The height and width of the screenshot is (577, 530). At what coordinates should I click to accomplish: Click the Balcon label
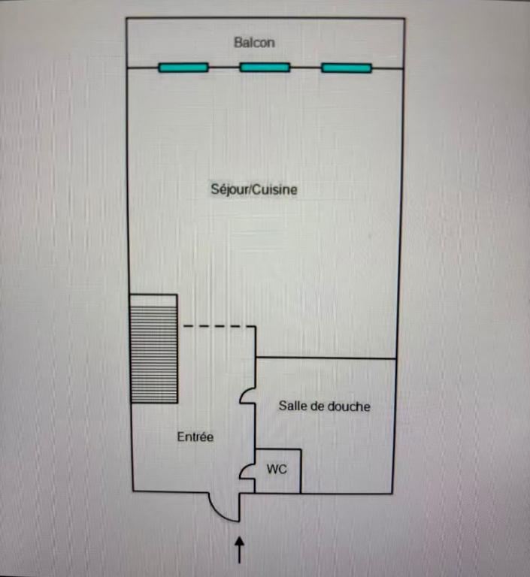[254, 43]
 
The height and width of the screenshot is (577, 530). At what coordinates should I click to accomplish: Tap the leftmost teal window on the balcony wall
[183, 68]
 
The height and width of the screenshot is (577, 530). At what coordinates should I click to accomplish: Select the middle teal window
[265, 68]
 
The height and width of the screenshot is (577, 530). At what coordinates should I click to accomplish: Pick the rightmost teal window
[347, 68]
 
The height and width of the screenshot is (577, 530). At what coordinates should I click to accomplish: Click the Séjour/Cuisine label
[254, 189]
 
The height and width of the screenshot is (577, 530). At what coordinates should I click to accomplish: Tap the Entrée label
[195, 437]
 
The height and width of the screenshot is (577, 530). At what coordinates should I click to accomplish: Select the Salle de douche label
[325, 406]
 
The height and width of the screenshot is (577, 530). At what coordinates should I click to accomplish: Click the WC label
[277, 469]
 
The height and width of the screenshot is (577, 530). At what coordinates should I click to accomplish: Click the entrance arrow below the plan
[239, 550]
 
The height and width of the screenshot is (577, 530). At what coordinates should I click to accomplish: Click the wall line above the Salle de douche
[326, 358]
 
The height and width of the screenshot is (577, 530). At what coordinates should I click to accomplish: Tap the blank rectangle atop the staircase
[153, 301]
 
